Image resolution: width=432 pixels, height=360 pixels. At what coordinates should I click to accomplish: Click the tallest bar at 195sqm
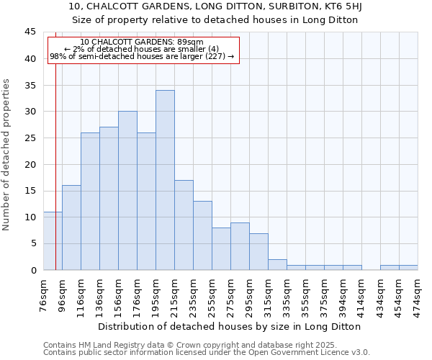(165, 180)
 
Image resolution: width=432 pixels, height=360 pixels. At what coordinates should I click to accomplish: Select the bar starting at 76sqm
(53, 240)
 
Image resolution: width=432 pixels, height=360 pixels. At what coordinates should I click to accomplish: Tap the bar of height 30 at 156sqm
(127, 191)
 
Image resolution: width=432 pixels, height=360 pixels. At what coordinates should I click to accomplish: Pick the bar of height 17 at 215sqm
(184, 225)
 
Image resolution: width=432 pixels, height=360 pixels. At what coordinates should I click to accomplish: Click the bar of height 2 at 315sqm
(277, 264)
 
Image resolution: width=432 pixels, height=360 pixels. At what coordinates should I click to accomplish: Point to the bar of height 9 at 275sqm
(240, 246)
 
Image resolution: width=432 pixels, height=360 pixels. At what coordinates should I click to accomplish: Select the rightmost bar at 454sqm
(408, 268)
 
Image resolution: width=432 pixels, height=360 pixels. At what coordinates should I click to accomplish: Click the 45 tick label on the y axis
(30, 32)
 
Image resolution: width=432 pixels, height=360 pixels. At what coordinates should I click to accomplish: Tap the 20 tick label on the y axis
(30, 164)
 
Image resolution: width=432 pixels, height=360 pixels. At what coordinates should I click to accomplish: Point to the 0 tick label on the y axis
(32, 270)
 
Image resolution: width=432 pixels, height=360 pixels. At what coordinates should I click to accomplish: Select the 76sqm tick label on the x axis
(44, 294)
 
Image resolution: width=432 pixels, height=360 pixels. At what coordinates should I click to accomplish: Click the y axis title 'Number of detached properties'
(7, 155)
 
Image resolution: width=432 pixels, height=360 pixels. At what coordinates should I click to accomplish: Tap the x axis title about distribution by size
(230, 326)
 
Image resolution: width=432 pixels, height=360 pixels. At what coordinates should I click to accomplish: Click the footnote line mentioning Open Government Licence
(207, 353)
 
